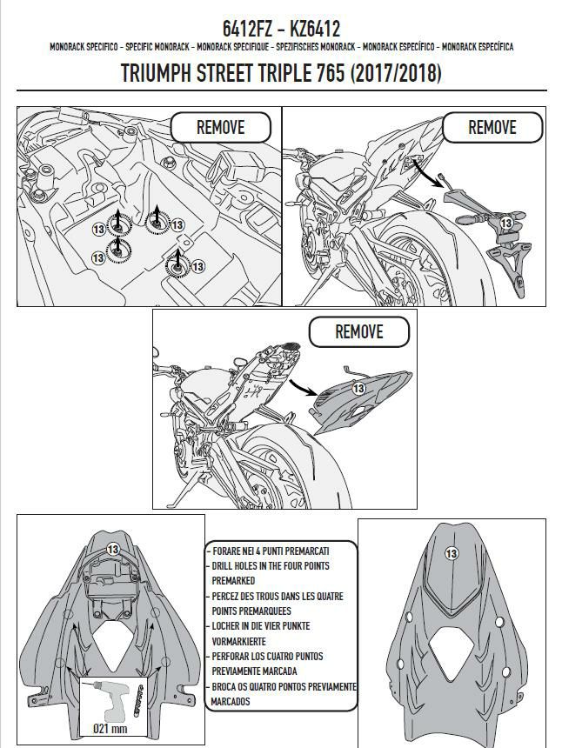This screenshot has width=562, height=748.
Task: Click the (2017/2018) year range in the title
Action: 395,74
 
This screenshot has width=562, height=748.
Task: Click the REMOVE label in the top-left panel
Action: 220,127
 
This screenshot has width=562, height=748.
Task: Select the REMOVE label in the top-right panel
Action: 492,127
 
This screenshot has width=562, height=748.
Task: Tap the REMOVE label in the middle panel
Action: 358,331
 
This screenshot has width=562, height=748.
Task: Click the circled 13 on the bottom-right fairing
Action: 451,553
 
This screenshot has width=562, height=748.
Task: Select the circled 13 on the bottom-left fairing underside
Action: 112,549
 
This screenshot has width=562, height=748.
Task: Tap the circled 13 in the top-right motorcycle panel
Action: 505,223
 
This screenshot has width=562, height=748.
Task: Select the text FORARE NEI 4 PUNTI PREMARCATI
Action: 271,551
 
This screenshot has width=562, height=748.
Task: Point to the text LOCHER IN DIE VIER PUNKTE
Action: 260,625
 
